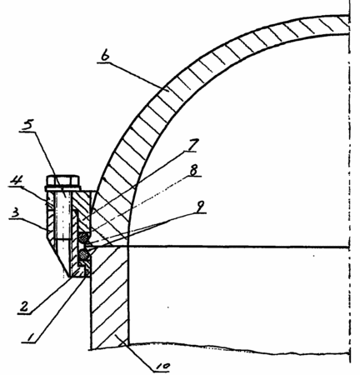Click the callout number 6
point(105,56)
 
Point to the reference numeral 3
point(14,213)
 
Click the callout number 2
point(24,307)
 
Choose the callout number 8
point(193,170)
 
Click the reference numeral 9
point(200,207)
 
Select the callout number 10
point(162,367)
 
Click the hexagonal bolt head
point(63,181)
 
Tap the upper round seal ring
point(83,237)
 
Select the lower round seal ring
point(83,253)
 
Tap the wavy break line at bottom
point(239,348)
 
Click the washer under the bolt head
point(63,189)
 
